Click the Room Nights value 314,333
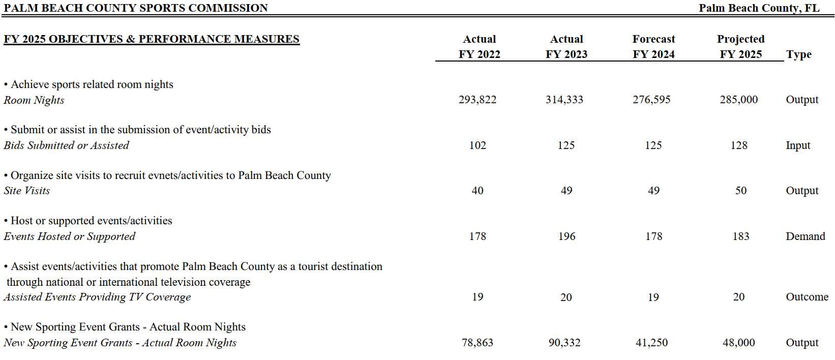tap(564, 100)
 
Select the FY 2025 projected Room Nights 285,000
tap(738, 100)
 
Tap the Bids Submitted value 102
tap(478, 145)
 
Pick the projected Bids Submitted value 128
tap(739, 145)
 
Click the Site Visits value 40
tap(478, 191)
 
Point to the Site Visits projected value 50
tap(741, 191)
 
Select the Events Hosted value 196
tap(566, 236)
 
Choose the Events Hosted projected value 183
tap(741, 236)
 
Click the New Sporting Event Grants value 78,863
tap(478, 343)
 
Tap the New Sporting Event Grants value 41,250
tap(651, 343)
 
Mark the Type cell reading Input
tap(798, 145)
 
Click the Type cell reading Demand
tap(805, 236)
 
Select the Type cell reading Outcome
tap(807, 297)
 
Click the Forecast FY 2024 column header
tap(653, 47)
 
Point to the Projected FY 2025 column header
tap(740, 47)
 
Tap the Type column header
tap(798, 54)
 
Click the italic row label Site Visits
tap(27, 191)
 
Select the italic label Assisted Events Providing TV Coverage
tap(97, 297)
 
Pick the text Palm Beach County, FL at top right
tap(759, 8)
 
